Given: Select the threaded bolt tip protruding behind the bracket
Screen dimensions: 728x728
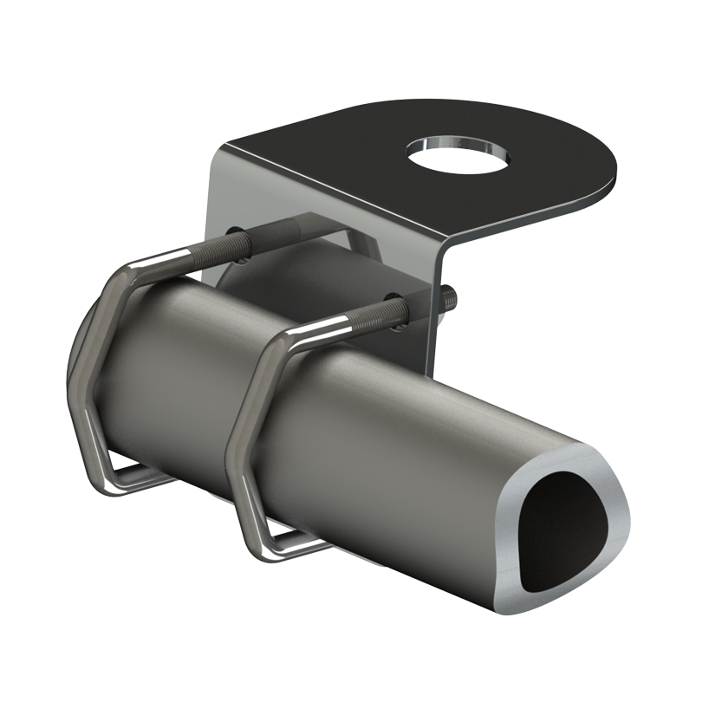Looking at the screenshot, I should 450,298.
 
